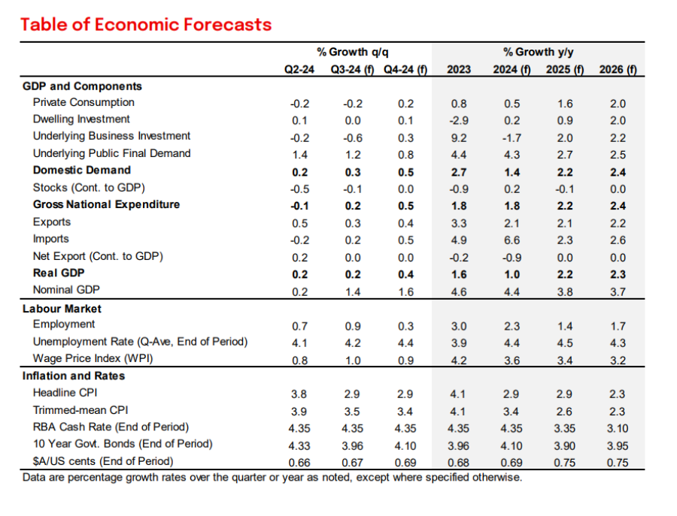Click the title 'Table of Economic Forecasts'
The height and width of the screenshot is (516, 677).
pos(146,24)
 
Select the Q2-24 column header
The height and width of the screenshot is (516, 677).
pos(299,70)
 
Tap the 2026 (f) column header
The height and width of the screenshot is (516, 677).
pos(618,70)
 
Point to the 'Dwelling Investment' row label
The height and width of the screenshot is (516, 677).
pos(81,119)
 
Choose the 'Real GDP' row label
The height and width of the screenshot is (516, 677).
pos(58,273)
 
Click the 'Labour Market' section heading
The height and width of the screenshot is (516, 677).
pos(62,309)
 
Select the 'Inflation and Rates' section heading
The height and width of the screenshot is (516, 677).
pos(74,376)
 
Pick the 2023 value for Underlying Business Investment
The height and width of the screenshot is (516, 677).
pos(459,137)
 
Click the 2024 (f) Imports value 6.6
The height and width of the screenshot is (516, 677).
pos(512,240)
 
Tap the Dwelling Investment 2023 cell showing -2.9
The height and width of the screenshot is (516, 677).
pos(459,120)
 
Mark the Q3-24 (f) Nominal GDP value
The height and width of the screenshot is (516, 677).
pos(352,291)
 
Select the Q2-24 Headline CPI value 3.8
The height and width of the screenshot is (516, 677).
pos(299,394)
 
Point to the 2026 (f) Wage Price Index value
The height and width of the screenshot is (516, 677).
pos(618,360)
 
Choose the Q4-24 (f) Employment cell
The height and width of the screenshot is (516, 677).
pos(405,326)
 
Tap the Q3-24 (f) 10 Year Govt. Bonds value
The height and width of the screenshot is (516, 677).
pos(352,445)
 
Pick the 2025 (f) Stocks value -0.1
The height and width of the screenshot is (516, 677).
pos(564,189)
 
